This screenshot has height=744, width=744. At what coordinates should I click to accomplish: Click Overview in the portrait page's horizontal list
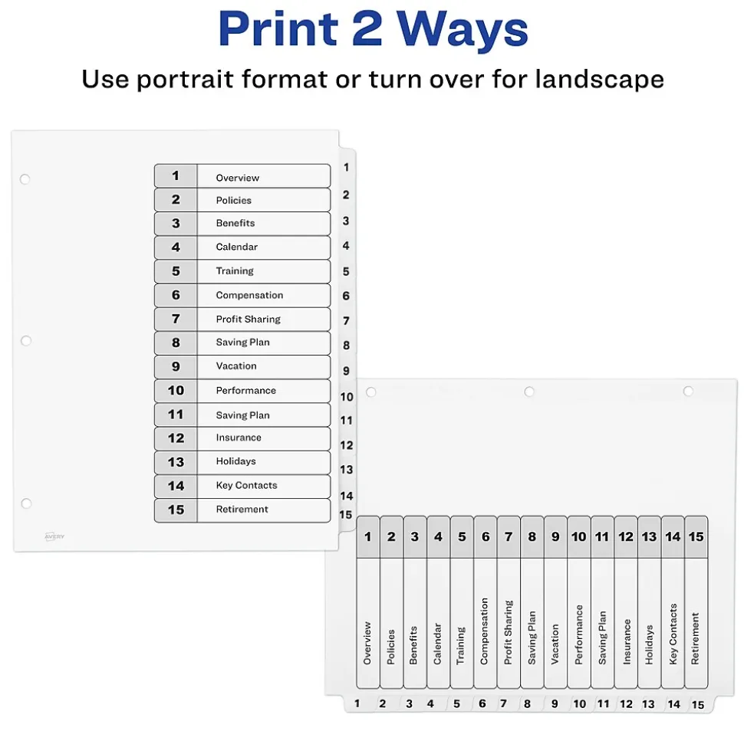237,178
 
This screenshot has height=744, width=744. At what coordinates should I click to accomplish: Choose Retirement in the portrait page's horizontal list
242,510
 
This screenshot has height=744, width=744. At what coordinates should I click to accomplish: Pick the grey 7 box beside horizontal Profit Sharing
176,319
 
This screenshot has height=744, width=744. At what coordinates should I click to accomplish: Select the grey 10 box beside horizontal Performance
176,391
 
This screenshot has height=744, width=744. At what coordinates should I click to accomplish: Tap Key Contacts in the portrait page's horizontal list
246,486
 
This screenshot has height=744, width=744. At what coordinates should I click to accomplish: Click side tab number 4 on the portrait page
346,246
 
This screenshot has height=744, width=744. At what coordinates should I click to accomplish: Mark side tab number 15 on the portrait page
346,515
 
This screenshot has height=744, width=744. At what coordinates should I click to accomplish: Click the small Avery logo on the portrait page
54,536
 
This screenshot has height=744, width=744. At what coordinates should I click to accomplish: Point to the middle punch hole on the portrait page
25,340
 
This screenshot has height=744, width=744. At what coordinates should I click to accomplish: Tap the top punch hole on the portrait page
25,179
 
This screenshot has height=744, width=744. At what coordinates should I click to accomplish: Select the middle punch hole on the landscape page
528,392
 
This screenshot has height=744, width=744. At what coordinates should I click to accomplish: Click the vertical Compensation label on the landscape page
484,631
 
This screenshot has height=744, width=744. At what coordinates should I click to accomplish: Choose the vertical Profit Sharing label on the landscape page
508,632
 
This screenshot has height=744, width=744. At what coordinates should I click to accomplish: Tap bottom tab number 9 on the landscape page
555,704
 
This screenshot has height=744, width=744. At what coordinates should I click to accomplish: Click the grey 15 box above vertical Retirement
696,537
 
